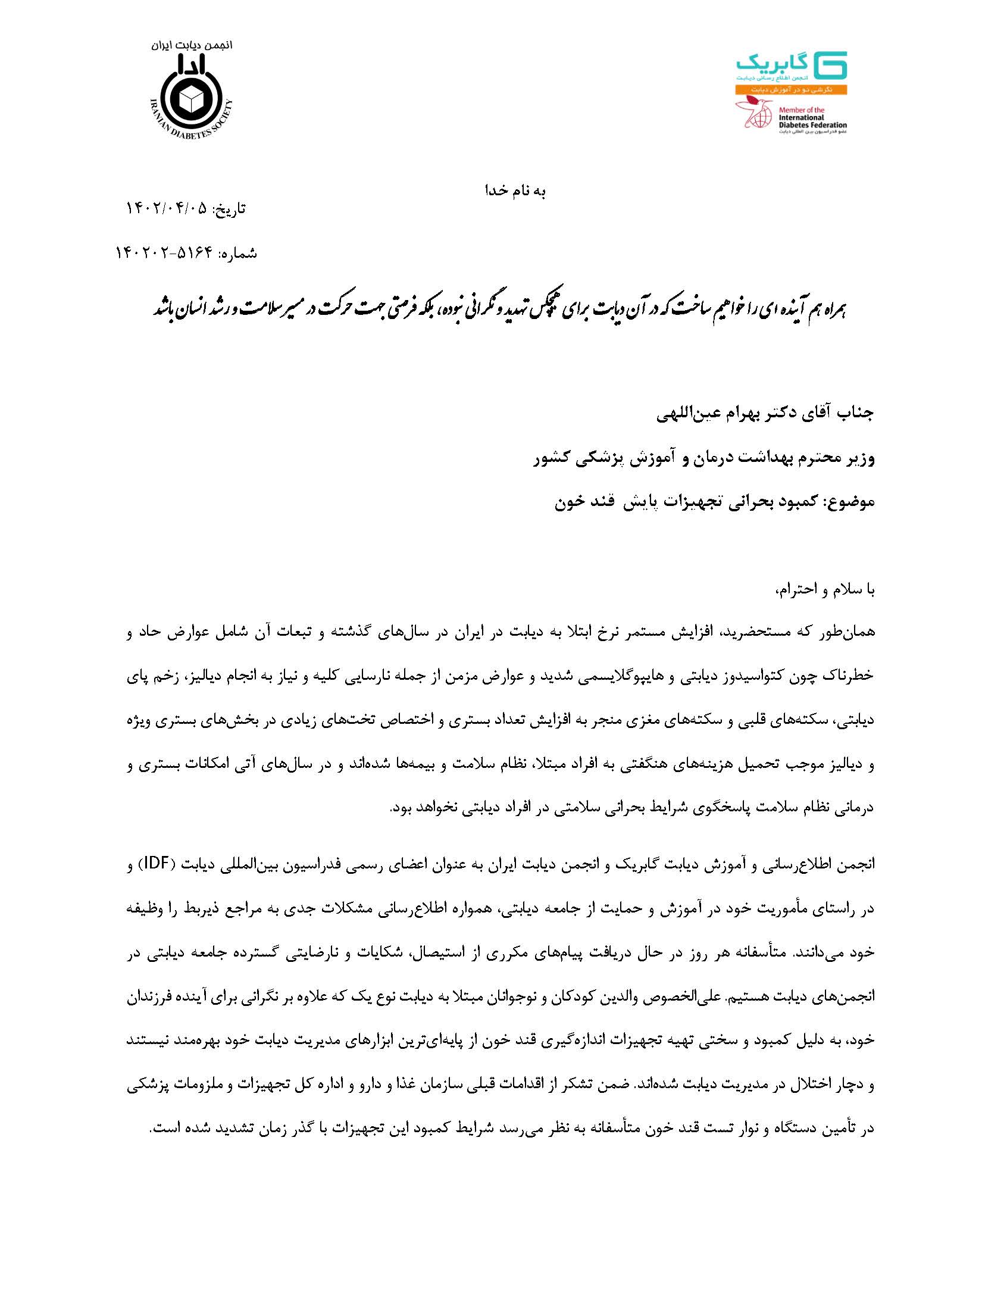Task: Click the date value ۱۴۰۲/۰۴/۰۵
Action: click(x=168, y=209)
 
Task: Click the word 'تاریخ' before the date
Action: click(x=231, y=210)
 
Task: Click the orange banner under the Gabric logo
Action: click(x=791, y=89)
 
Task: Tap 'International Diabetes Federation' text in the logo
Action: click(x=812, y=118)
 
